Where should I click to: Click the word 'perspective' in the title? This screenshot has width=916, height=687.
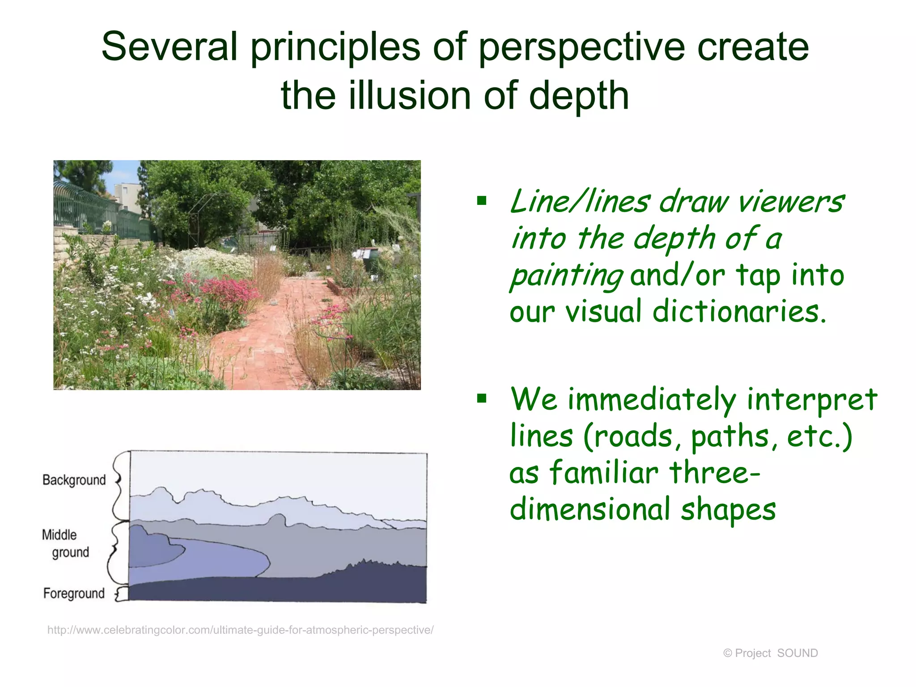581,48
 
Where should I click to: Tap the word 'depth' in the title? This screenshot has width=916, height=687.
579,96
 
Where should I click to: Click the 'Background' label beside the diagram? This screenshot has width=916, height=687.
74,480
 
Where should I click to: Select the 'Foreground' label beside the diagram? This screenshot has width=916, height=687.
74,594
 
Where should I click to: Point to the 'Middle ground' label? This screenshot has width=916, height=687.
65,543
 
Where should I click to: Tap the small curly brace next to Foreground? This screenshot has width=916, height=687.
120,594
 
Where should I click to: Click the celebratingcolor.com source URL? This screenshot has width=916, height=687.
240,630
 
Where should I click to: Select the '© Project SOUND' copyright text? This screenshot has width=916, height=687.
770,653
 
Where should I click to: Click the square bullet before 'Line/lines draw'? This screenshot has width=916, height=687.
482,200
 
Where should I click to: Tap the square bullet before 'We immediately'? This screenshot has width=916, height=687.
482,398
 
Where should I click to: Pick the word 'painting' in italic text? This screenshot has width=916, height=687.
566,276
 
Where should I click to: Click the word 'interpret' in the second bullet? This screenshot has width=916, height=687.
812,399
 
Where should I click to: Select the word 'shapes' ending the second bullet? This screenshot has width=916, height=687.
728,510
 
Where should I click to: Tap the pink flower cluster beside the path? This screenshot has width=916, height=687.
228,291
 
